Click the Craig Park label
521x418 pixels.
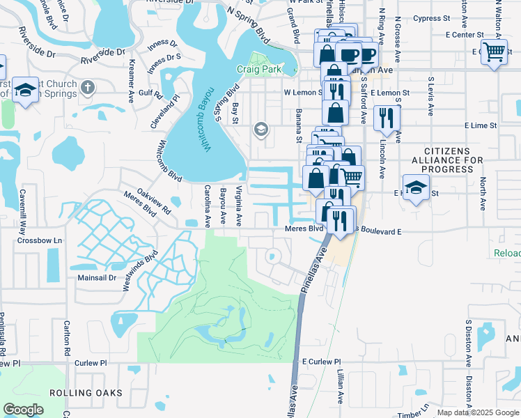pos(258,70)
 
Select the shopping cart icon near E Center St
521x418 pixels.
pos(494,52)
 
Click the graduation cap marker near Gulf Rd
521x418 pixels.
pos(26,91)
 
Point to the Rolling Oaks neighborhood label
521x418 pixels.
pos(86,393)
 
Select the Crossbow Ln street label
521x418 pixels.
pos(40,240)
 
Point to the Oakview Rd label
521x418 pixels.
pos(154,200)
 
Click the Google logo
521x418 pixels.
pos(24,410)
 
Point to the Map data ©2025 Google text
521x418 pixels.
pos(478,412)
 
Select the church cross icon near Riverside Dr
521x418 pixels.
pos(86,88)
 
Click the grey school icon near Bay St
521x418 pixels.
pos(261,128)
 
